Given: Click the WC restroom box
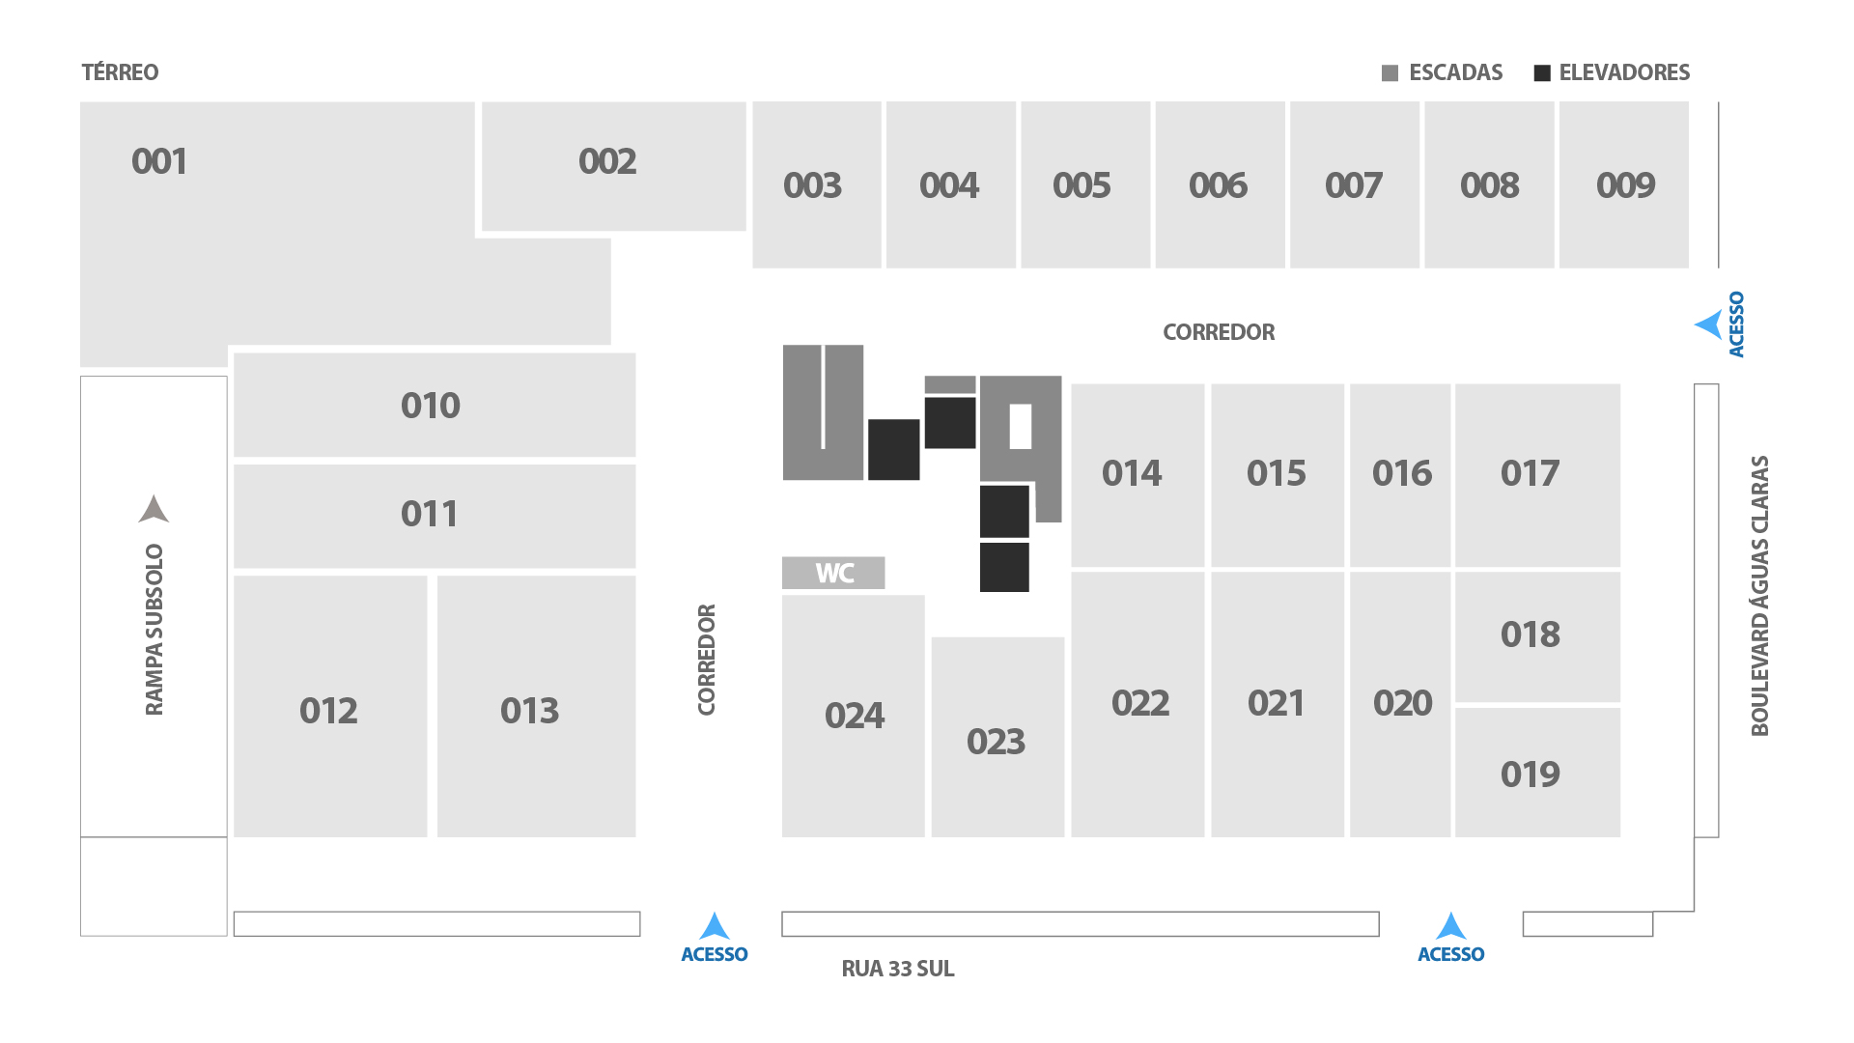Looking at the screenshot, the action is (x=833, y=573).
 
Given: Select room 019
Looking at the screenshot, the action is (x=1538, y=773).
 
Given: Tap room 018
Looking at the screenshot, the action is (x=1538, y=636).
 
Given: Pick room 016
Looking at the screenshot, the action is (x=1400, y=475).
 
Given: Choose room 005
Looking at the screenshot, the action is (x=1085, y=184).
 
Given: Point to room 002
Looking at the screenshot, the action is (x=614, y=166).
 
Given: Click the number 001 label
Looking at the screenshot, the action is (x=159, y=161).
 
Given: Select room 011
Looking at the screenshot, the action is (x=435, y=516).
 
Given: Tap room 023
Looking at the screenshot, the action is (x=997, y=737).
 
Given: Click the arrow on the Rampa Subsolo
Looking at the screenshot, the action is (x=154, y=509).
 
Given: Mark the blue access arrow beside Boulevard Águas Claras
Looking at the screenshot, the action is (x=1708, y=324).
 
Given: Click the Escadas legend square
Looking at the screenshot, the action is (x=1390, y=73).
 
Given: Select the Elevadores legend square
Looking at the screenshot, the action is (x=1542, y=73).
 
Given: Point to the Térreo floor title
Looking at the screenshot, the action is (x=120, y=72).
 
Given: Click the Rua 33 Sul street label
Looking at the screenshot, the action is (x=898, y=969).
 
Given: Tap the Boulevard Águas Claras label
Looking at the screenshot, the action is (x=1760, y=596).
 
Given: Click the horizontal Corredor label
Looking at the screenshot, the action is (x=1219, y=332).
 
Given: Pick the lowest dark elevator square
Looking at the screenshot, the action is (x=1004, y=567).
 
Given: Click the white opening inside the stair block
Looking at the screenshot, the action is (x=1021, y=426).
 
